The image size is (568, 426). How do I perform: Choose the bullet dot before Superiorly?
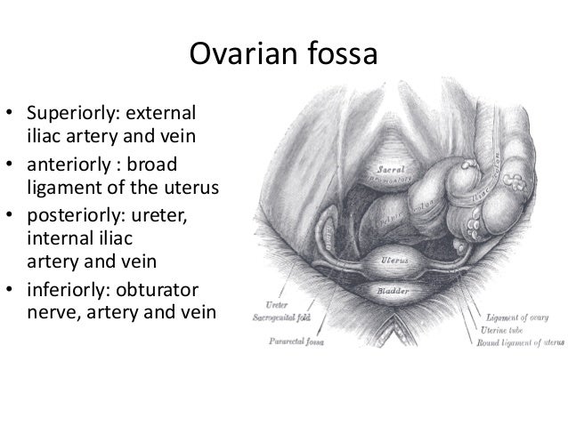tap(12, 116)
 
